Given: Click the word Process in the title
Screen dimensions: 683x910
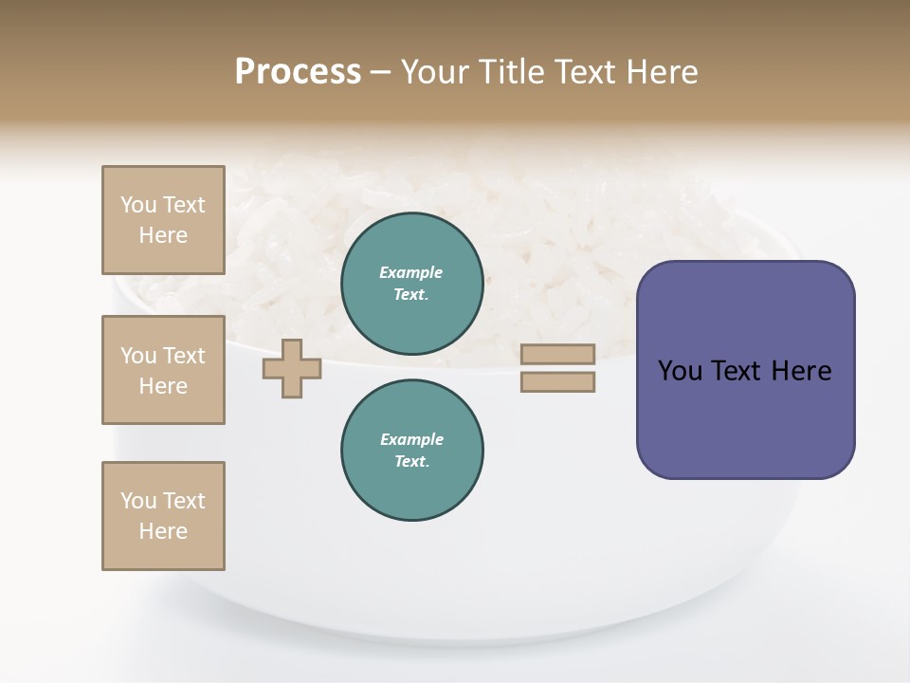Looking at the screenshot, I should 298,72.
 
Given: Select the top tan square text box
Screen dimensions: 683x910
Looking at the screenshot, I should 163,220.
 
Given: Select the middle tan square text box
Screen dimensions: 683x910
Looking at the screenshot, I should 163,370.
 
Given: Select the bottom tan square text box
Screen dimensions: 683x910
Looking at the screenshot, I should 163,516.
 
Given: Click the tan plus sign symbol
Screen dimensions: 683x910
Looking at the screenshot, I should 292,368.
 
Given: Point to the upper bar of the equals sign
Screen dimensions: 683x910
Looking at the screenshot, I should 557,355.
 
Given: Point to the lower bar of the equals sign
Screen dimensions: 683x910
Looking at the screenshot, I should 557,382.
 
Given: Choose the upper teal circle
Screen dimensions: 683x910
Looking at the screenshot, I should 412,283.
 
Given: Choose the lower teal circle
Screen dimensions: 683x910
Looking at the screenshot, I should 412,450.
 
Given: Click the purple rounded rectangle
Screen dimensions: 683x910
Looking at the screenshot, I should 745,370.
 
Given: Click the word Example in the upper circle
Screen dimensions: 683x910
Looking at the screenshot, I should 411,272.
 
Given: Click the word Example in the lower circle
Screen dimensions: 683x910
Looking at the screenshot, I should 411,439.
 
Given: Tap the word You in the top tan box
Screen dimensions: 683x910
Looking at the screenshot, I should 138,205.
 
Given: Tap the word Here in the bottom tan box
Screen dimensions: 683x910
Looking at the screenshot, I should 163,531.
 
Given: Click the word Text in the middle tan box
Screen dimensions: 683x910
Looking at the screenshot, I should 184,356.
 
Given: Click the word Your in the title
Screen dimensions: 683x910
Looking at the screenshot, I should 432,72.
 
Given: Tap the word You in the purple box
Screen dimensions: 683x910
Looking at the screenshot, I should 680,371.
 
